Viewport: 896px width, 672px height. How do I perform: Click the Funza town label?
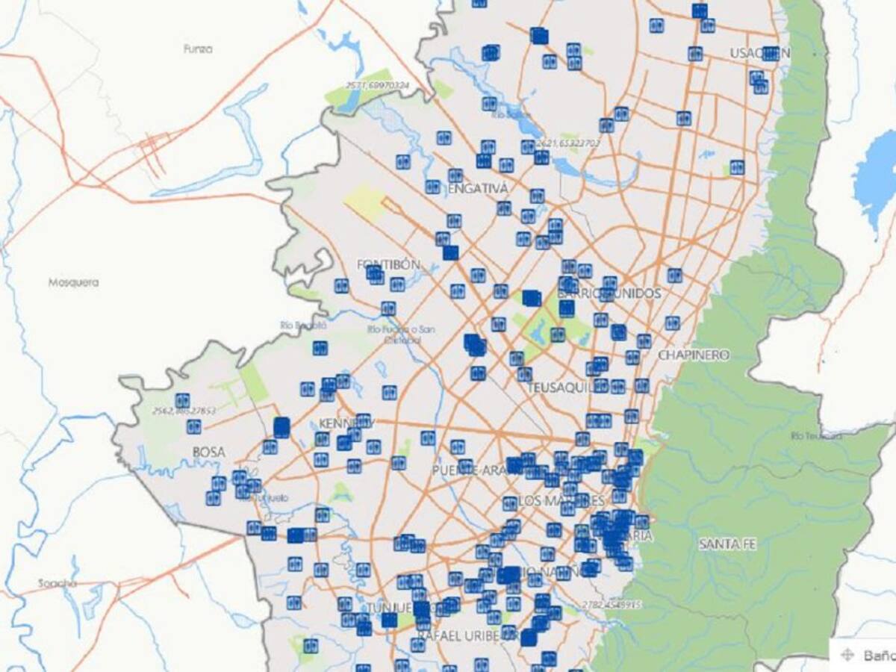pos(198,49)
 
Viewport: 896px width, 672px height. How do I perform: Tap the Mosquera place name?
pos(73,283)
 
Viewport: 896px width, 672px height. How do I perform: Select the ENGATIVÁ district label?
pos(478,188)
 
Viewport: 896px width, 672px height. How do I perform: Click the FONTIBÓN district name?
pos(389,264)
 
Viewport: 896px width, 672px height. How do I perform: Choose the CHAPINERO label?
pos(694,355)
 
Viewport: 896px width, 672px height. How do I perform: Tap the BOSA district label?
pos(209,452)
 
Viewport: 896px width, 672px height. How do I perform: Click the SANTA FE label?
pos(727,544)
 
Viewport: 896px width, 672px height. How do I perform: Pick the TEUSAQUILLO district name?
pos(567,388)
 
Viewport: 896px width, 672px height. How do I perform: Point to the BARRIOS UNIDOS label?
pos(618,293)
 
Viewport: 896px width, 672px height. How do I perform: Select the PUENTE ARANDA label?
pos(475,470)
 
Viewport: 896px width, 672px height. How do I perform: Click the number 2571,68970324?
pos(377,86)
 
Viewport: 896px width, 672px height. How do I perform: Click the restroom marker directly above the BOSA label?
pos(194,426)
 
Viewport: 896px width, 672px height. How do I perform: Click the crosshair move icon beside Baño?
pos(847,655)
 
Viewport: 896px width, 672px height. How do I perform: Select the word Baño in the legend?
pos(878,656)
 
